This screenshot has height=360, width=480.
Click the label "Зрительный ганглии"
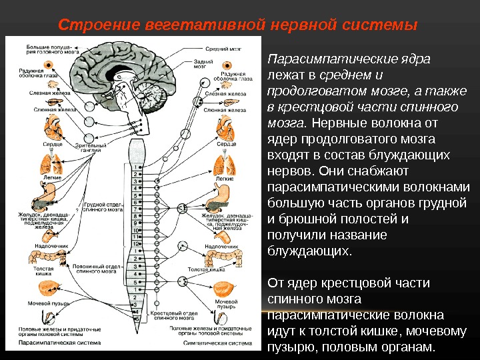(x=91, y=147)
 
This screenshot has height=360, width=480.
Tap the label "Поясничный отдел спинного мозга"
(x=99, y=269)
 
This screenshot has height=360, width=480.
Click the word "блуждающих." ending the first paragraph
(x=308, y=251)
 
